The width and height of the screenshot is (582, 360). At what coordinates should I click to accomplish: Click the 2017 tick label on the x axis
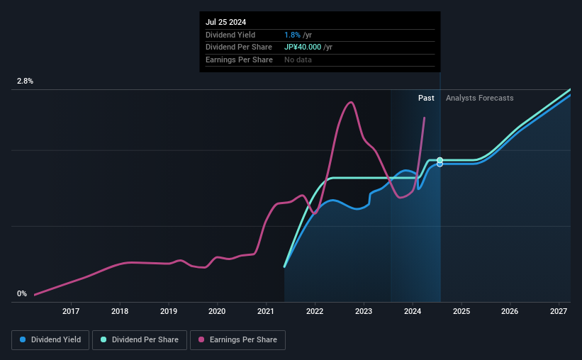click(71, 311)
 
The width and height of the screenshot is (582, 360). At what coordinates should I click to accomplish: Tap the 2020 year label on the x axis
click(217, 311)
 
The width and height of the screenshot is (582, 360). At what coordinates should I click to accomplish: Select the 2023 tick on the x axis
click(364, 311)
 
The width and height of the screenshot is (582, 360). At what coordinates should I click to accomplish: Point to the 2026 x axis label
click(510, 311)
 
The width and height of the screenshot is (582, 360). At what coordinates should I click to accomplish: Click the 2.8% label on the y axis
click(26, 81)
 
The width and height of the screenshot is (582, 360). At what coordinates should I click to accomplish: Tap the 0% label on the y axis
click(22, 293)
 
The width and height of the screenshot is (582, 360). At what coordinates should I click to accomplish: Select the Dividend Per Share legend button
click(143, 340)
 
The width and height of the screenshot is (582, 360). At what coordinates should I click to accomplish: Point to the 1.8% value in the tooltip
click(292, 35)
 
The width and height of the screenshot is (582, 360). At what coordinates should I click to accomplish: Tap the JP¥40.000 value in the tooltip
click(303, 47)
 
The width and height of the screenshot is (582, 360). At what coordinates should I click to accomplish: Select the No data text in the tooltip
click(298, 60)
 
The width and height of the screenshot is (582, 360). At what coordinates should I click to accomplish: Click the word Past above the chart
click(426, 98)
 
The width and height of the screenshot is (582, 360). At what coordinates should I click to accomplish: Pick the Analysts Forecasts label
click(479, 98)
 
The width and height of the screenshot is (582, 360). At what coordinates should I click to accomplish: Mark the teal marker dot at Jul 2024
click(440, 160)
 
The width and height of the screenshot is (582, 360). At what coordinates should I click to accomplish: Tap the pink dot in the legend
click(201, 340)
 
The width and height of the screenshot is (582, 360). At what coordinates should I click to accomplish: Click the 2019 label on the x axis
click(168, 311)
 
